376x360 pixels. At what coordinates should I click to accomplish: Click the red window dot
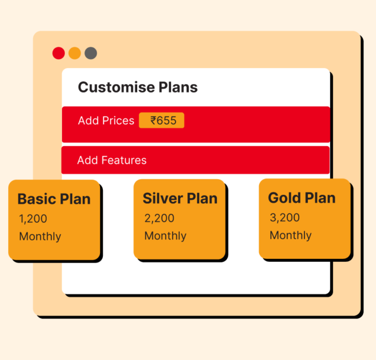[x=58, y=53]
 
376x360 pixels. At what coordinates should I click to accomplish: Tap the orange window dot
[x=75, y=53]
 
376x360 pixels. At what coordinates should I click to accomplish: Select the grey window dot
[x=91, y=53]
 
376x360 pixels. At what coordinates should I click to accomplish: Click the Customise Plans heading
[x=138, y=87]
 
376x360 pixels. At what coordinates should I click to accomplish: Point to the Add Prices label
[x=106, y=121]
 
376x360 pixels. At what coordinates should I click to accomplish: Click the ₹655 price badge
[x=162, y=121]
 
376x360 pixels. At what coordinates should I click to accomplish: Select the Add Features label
[x=112, y=160]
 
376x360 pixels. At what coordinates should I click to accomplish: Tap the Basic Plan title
[x=54, y=199]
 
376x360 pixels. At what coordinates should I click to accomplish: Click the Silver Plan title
[x=180, y=199]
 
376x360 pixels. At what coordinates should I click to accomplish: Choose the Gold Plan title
[x=301, y=198]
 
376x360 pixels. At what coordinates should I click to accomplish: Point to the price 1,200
[x=33, y=219]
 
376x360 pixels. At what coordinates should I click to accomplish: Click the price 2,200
[x=158, y=218]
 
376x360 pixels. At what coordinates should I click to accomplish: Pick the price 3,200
[x=285, y=218]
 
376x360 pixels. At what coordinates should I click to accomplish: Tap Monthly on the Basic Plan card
[x=40, y=236]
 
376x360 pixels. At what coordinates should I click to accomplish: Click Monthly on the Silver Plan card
[x=165, y=236]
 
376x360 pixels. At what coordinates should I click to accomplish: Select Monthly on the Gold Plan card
[x=290, y=235]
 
